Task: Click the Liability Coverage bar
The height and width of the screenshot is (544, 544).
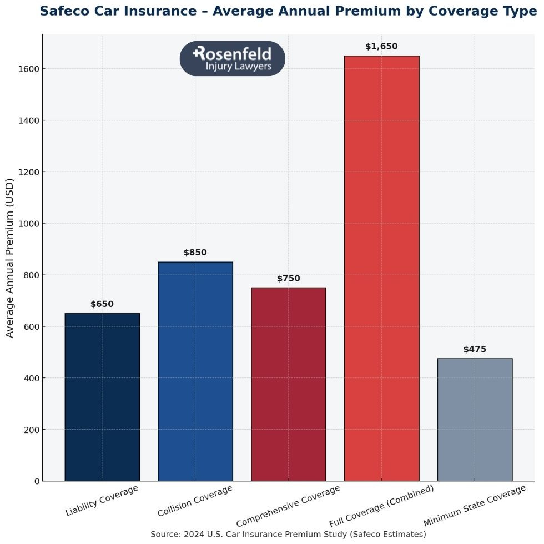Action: [x=102, y=397]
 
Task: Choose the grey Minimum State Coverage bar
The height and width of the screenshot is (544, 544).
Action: [x=475, y=420]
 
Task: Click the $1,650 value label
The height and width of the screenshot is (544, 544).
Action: [x=381, y=47]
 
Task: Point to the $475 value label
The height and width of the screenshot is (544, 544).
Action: [x=475, y=350]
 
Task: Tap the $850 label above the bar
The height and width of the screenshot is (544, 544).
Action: [x=195, y=253]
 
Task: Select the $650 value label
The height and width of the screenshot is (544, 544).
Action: [x=102, y=304]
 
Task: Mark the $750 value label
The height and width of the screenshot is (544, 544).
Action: [x=288, y=279]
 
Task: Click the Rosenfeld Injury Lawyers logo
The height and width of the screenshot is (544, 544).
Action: [x=233, y=58]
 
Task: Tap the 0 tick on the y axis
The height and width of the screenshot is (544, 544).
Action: [x=37, y=481]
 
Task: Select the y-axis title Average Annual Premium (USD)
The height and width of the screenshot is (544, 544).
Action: [x=9, y=258]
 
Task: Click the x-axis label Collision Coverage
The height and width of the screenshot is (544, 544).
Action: [x=195, y=500]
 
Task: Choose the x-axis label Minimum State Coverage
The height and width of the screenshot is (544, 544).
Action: [x=474, y=506]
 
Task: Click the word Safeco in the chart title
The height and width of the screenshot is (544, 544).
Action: [x=66, y=11]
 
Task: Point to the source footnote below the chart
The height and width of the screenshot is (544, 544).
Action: [x=288, y=534]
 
